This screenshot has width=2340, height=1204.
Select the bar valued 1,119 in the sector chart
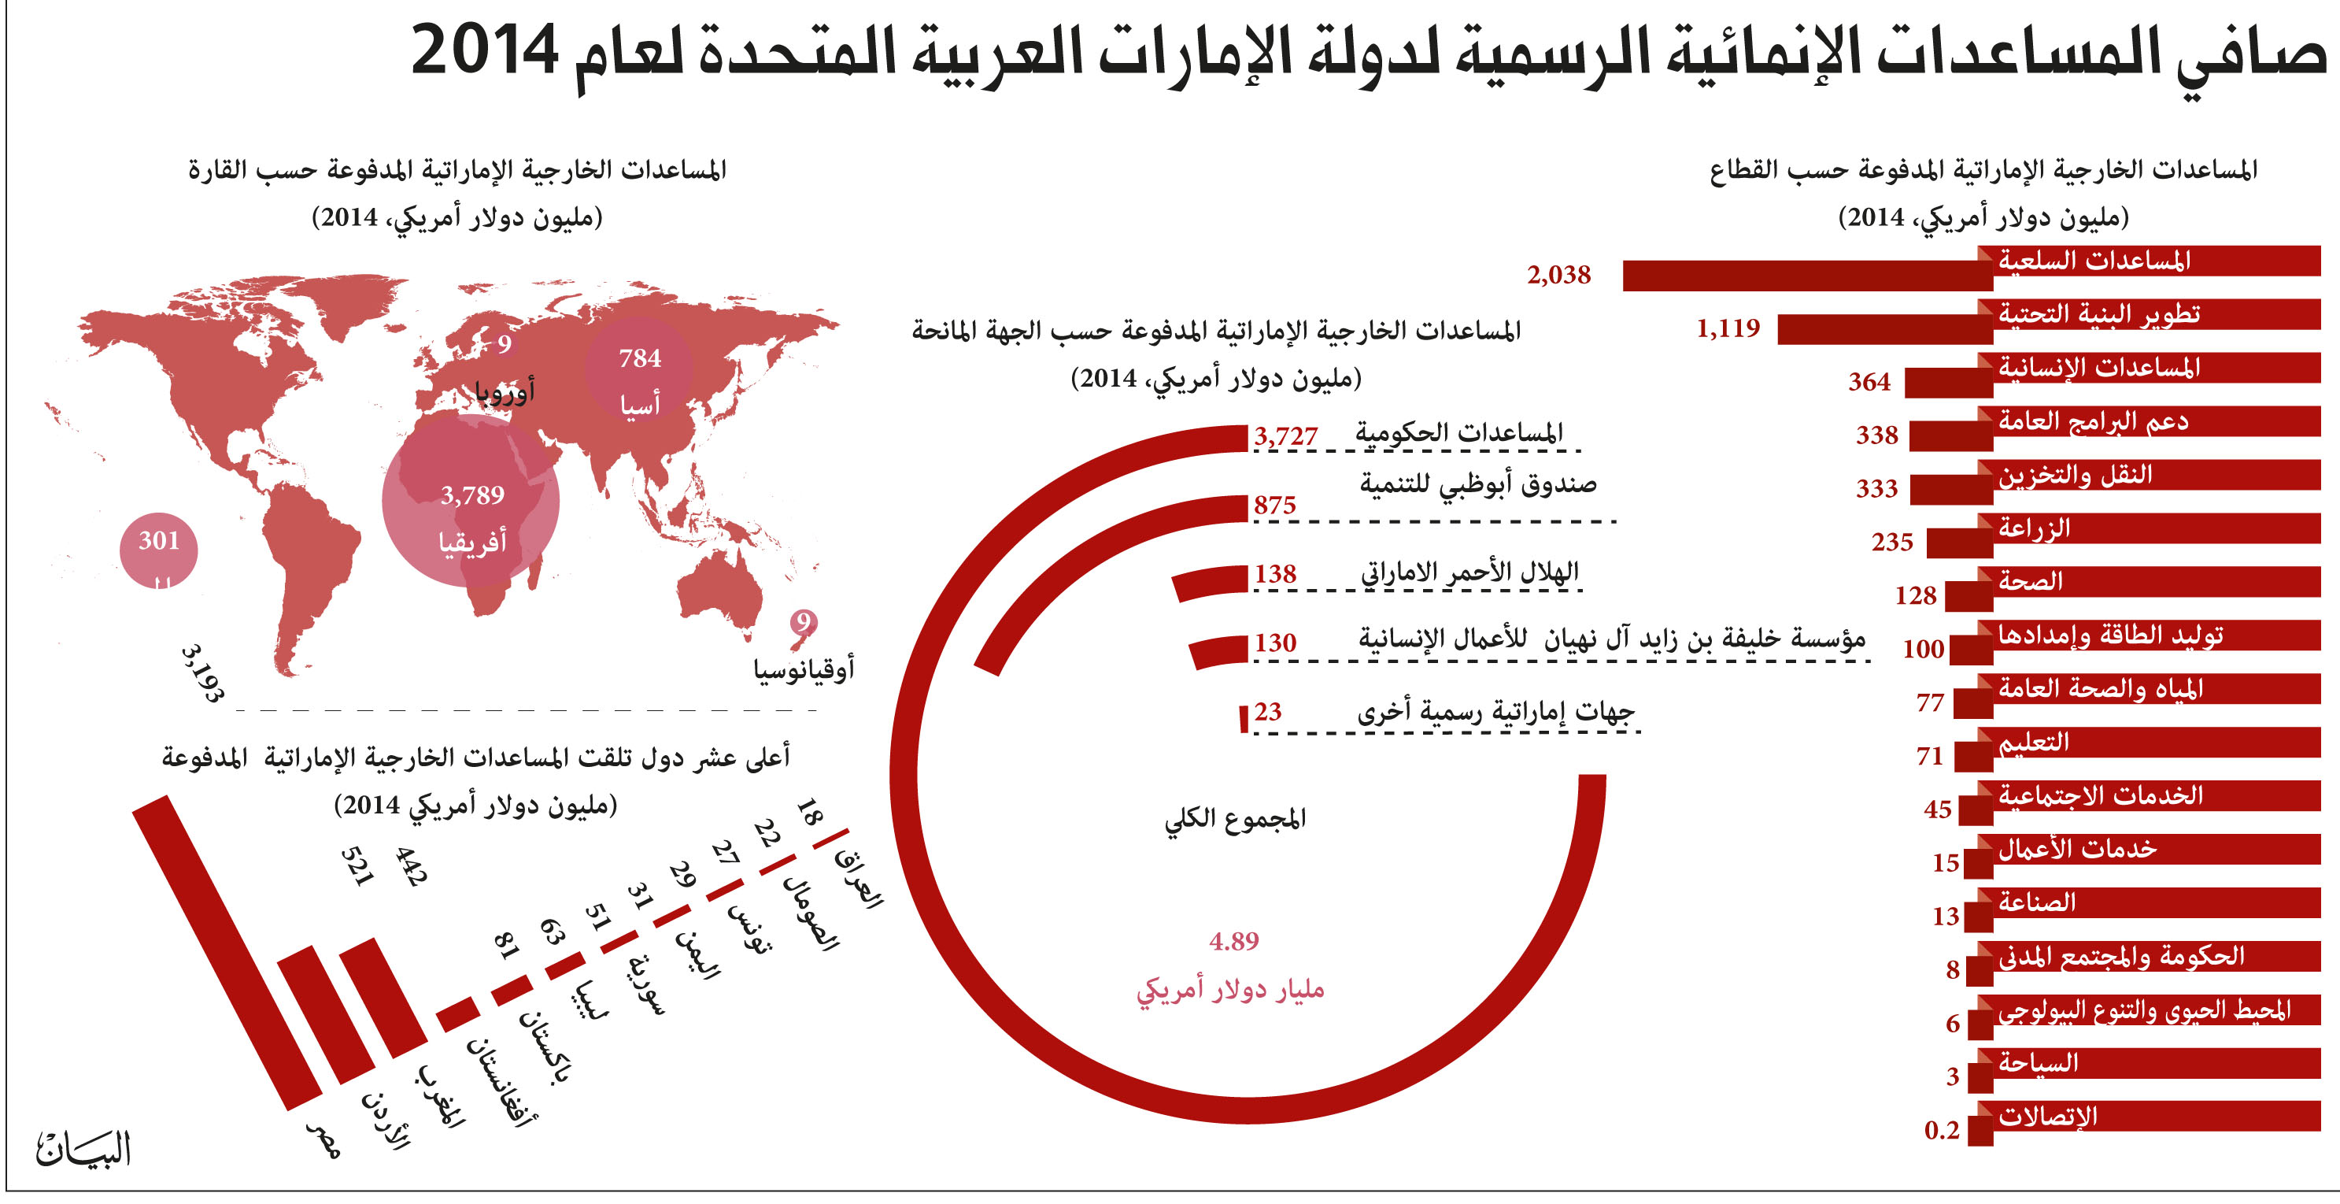coord(1885,330)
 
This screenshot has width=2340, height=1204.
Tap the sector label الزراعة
coord(2034,528)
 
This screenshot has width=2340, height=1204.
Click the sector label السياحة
coord(2038,1062)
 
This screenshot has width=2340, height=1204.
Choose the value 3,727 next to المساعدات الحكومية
coord(1285,436)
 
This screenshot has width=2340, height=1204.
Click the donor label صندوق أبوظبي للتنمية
coord(1478,484)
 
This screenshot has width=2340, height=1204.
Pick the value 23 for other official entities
coord(1267,712)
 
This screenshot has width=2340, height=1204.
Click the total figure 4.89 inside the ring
coord(1233,942)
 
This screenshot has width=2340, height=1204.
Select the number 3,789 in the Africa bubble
coord(471,495)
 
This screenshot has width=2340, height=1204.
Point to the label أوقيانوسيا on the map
coord(803,669)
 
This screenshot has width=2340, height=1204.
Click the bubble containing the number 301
coord(159,550)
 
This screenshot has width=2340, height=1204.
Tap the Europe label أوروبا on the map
coord(505,391)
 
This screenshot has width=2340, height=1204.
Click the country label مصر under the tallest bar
coord(323,1139)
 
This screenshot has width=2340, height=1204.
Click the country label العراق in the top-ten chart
coord(859,879)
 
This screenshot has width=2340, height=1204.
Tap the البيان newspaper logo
coord(83,1149)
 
